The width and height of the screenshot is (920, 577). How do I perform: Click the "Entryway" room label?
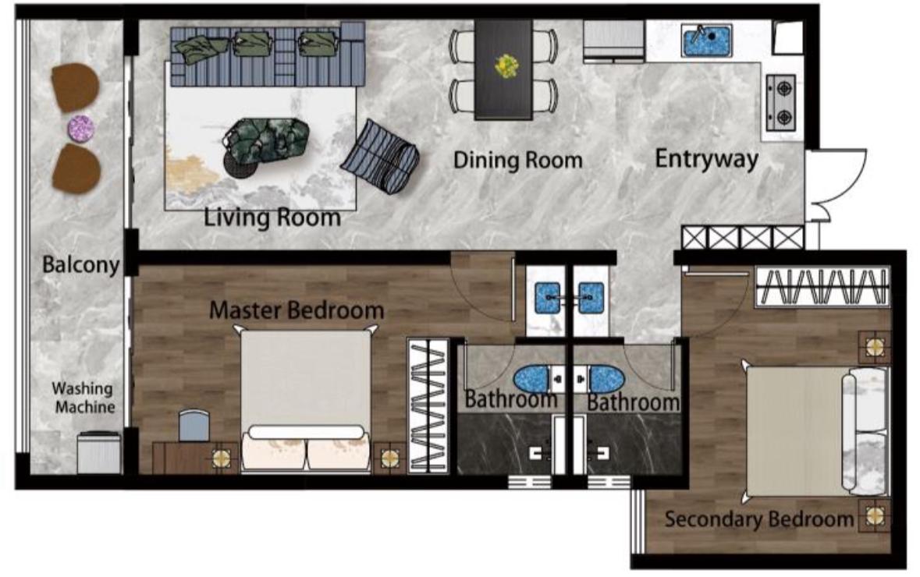706,159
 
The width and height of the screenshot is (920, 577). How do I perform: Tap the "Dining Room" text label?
518,160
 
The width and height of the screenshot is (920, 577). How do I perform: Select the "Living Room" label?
272,217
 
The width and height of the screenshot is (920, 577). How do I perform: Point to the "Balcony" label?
81,264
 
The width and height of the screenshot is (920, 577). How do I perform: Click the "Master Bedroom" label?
297,310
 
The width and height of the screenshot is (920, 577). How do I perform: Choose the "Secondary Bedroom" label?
759,519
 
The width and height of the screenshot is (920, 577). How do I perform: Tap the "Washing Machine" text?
84,398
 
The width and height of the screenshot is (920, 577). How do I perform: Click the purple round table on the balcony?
81,129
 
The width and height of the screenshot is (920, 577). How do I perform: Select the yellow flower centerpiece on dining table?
506,66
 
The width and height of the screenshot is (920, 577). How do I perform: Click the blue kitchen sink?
706,41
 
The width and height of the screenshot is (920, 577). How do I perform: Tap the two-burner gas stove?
782,103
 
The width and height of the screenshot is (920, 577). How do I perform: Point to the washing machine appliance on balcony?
99,452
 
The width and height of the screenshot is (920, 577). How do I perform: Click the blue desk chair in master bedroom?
194,425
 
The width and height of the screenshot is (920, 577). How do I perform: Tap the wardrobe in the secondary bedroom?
822,287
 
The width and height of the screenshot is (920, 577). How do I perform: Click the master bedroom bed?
306,400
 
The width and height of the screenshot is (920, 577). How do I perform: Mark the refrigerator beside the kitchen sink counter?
614,41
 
